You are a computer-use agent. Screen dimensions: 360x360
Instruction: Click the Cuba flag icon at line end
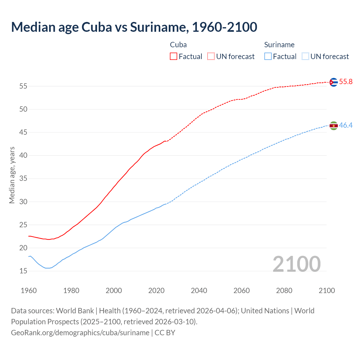coord(333,82)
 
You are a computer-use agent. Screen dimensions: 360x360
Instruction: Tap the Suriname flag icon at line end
coord(333,126)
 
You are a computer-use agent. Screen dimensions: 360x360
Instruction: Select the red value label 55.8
coord(346,82)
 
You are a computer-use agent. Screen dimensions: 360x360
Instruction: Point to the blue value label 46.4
coord(346,125)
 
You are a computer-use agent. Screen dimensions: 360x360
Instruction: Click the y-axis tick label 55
coord(23,86)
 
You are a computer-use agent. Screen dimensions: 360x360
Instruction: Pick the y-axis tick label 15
coord(23,271)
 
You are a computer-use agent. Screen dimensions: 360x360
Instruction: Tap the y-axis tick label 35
coord(23,179)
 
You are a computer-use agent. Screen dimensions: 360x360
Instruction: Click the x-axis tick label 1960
coord(29,291)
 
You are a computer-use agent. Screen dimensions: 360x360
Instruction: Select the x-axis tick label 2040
coord(199,291)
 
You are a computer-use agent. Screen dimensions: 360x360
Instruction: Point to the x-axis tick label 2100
coord(327,291)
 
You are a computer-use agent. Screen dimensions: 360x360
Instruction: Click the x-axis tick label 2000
coord(114,291)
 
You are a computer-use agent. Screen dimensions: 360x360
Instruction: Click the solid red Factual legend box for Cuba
coord(174,57)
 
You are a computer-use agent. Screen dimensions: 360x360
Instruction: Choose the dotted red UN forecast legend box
coord(211,57)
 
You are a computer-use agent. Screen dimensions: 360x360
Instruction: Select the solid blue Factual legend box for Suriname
coord(268,57)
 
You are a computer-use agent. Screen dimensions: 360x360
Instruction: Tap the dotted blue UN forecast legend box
coord(305,57)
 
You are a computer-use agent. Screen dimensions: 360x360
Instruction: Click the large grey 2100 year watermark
coord(296,264)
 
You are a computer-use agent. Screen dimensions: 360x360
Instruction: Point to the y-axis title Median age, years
coord(12,175)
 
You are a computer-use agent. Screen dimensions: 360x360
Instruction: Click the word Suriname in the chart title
coord(159,27)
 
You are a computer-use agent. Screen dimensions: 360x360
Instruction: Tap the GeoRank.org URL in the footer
coord(80,333)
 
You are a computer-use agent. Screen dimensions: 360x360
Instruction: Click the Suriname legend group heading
coord(279,45)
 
